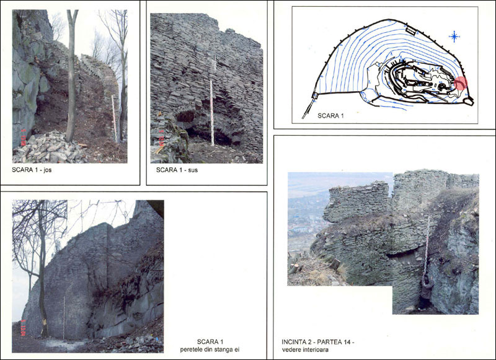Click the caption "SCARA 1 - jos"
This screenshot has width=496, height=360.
point(32,170)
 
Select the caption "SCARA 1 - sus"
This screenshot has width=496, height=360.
point(177,170)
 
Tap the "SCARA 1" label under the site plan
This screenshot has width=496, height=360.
point(330,116)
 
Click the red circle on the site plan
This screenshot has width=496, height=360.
point(461,83)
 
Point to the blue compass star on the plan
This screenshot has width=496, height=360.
point(454,37)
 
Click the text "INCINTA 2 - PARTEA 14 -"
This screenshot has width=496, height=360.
point(318,342)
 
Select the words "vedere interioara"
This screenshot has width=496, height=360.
point(305,349)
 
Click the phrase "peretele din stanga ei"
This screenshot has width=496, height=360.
point(210,349)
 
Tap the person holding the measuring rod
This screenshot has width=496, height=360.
point(425,291)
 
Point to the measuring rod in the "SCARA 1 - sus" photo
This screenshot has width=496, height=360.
point(212,112)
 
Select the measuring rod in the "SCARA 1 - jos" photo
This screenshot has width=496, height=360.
point(114,118)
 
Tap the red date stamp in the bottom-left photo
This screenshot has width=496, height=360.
point(23,328)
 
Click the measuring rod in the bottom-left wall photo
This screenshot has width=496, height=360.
point(64,317)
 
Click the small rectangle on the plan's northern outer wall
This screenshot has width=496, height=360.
point(410,30)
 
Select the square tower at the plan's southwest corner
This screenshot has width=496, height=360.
point(315,95)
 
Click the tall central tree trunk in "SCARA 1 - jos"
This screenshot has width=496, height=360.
point(71,76)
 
